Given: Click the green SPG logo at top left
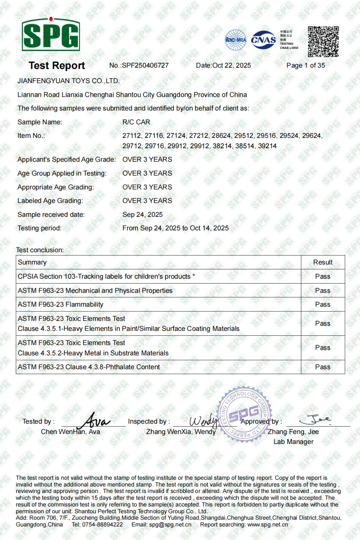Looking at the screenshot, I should pyautogui.click(x=51, y=34).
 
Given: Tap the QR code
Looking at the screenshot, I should pyautogui.click(x=323, y=41).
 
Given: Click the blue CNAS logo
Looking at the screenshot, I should pyautogui.click(x=263, y=40).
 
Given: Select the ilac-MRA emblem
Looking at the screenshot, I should pyautogui.click(x=235, y=40).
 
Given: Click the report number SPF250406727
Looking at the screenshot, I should pyautogui.click(x=145, y=65).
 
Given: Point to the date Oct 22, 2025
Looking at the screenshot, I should pyautogui.click(x=231, y=65).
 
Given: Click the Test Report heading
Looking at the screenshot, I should pyautogui.click(x=57, y=65).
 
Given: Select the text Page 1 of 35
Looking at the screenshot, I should pyautogui.click(x=305, y=65).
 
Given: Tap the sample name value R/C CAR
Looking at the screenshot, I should pyautogui.click(x=136, y=122).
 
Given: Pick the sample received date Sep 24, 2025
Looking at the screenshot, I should pyautogui.click(x=142, y=214).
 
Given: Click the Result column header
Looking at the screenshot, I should pyautogui.click(x=323, y=262).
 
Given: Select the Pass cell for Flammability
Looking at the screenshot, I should pyautogui.click(x=323, y=304).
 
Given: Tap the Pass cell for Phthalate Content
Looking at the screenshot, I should pyautogui.click(x=323, y=367).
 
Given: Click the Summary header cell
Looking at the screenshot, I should pyautogui.click(x=32, y=262).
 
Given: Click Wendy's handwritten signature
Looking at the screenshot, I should pyautogui.click(x=203, y=421).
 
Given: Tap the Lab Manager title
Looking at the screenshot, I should pyautogui.click(x=293, y=442).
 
